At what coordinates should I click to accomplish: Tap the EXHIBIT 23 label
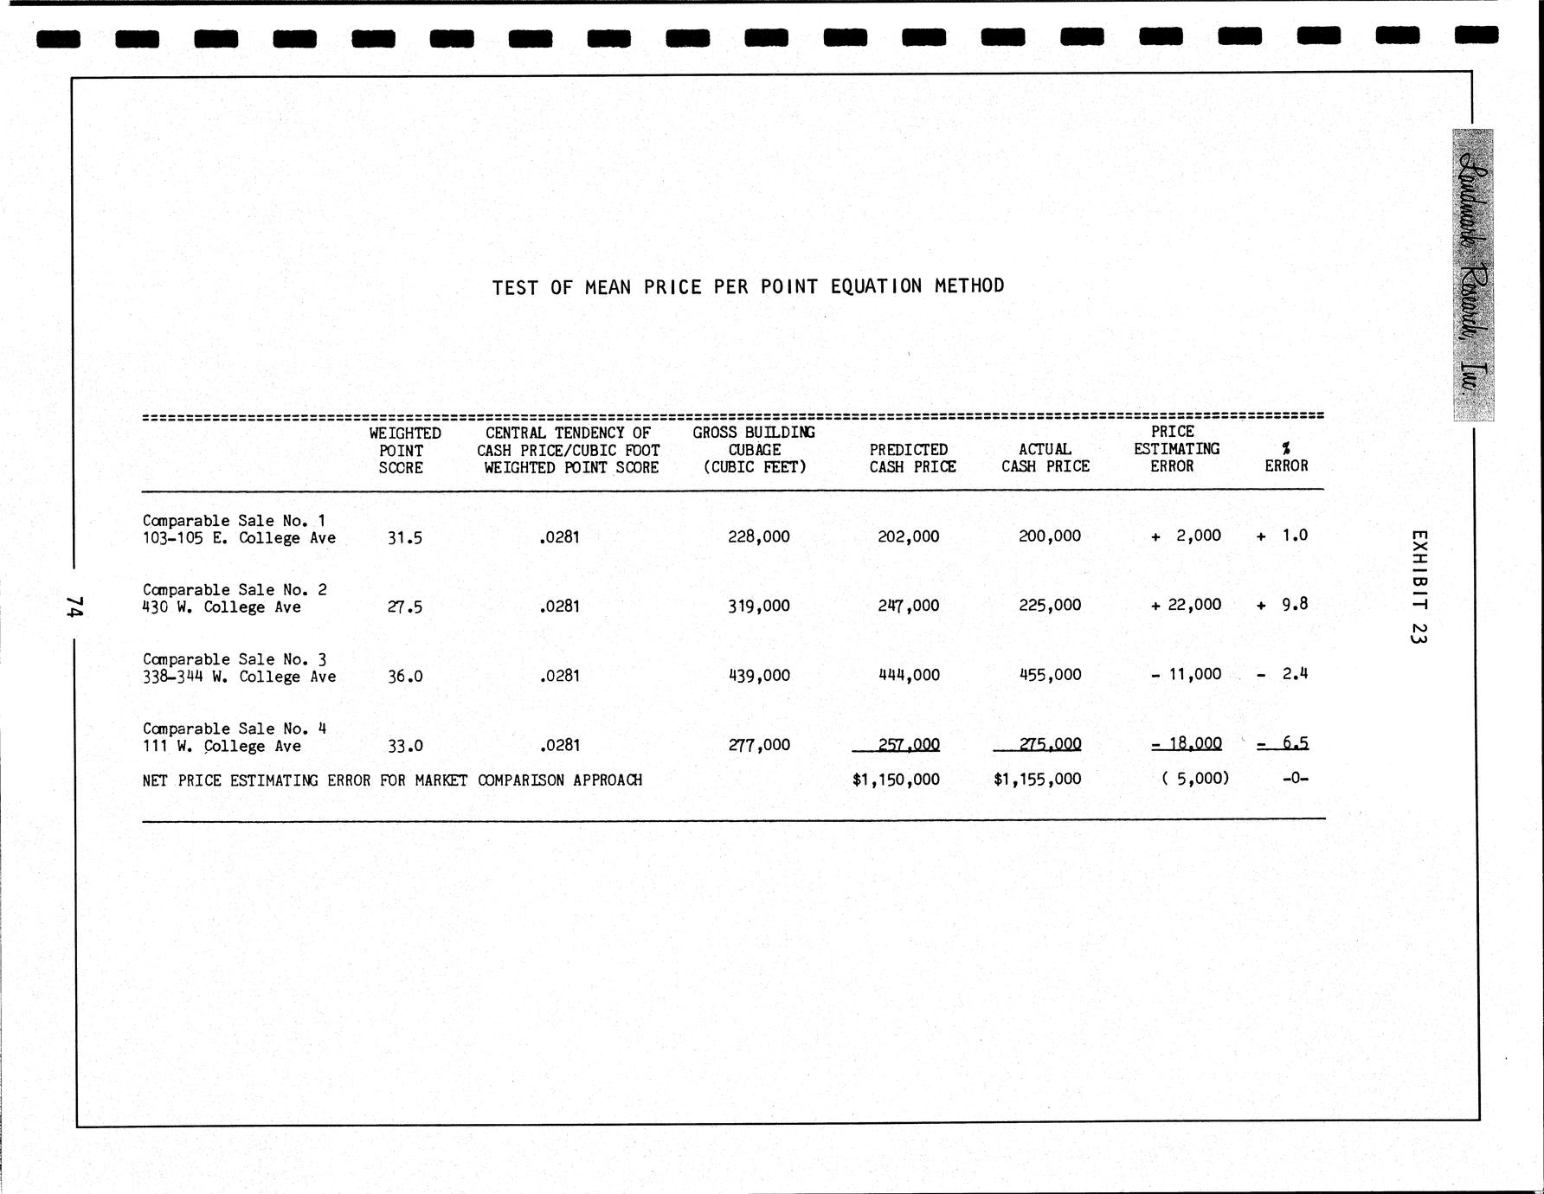tap(1418, 587)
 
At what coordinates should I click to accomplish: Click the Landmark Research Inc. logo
tap(1473, 275)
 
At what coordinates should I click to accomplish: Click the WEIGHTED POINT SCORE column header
tap(403, 450)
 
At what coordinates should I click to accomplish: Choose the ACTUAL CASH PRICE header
tap(1045, 458)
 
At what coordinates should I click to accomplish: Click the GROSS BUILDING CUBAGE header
tap(754, 449)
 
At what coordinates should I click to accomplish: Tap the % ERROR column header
tap(1286, 457)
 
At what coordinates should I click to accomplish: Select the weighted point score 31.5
tap(405, 537)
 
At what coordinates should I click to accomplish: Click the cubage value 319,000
tap(759, 606)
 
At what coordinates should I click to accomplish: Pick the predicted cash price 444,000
tap(909, 675)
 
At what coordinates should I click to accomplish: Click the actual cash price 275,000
tap(1050, 743)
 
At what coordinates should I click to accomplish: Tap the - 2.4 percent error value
tap(1283, 674)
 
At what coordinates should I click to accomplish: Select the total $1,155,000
tap(1038, 779)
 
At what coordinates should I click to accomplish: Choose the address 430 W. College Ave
tap(222, 607)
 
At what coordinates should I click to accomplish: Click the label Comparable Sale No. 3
tap(235, 659)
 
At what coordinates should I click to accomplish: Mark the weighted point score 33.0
tap(405, 745)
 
